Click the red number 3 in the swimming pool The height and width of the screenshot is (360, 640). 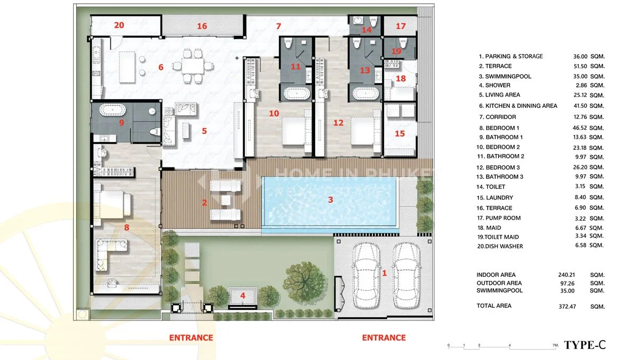(x=331, y=199)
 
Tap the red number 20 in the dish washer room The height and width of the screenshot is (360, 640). (x=119, y=25)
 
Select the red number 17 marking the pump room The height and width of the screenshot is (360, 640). (x=401, y=26)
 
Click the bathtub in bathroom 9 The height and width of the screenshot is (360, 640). (x=113, y=110)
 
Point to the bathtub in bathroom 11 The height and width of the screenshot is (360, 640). (x=297, y=93)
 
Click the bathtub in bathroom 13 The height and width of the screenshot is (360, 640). (x=366, y=93)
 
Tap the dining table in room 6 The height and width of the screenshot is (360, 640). (x=193, y=66)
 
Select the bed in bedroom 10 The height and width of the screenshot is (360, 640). (x=297, y=131)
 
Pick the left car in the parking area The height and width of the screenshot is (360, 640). (x=366, y=275)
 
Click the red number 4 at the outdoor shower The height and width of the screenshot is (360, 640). (x=243, y=295)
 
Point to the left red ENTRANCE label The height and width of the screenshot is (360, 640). (x=191, y=338)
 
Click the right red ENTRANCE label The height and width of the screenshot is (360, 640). (x=383, y=338)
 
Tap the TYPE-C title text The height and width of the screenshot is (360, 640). (x=585, y=345)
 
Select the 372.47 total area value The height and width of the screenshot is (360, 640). (x=567, y=307)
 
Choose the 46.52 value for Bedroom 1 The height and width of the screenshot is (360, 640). (x=580, y=128)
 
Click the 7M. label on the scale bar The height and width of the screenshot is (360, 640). (x=555, y=345)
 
